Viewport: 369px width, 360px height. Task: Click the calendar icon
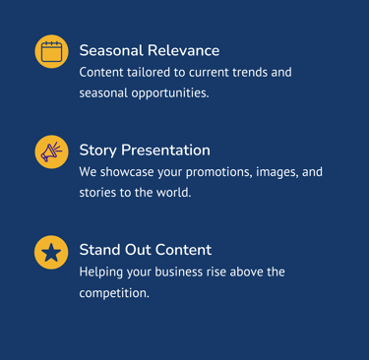[51, 51]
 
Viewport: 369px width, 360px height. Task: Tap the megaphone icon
[51, 151]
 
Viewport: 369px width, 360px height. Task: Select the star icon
[51, 253]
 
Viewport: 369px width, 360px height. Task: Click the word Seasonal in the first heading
[111, 50]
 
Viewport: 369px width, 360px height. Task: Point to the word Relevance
[183, 50]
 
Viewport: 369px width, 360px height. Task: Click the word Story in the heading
[98, 150]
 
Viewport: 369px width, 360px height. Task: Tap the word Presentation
[165, 150]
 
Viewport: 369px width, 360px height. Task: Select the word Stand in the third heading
[99, 250]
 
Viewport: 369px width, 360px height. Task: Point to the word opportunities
[170, 93]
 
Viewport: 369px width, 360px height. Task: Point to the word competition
[114, 293]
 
